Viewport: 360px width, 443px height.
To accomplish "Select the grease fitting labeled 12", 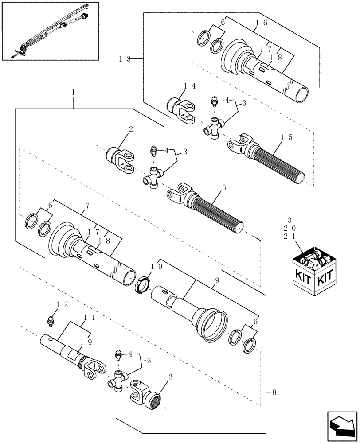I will tap(51, 320).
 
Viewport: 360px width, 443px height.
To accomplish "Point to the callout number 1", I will tap(73, 93).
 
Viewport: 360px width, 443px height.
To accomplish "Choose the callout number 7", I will tap(87, 206).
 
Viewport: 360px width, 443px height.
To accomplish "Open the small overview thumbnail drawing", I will tap(50, 31).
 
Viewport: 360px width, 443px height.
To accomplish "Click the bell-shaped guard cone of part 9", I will tap(210, 323).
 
